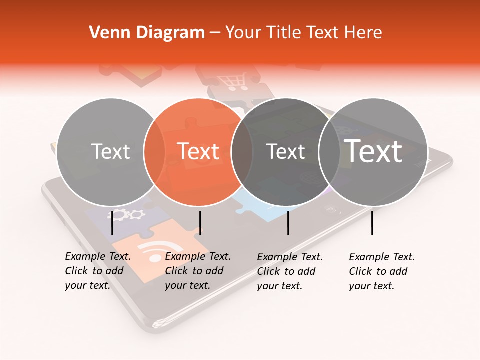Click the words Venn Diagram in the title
tap(147, 33)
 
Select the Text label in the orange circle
tap(198, 151)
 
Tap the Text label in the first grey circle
tap(111, 151)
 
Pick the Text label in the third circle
tap(285, 151)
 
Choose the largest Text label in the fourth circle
tap(373, 151)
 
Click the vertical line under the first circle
tap(112, 223)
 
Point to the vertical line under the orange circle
tap(200, 223)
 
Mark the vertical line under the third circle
tap(288, 223)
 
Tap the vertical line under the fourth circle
tap(372, 223)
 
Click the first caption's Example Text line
tap(98, 256)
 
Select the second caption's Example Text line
tap(198, 256)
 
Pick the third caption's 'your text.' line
tap(280, 286)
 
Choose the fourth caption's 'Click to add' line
tap(378, 271)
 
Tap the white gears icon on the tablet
tap(126, 215)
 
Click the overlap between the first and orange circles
tap(154, 151)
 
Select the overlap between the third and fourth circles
tap(329, 151)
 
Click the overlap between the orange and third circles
tap(242, 151)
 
